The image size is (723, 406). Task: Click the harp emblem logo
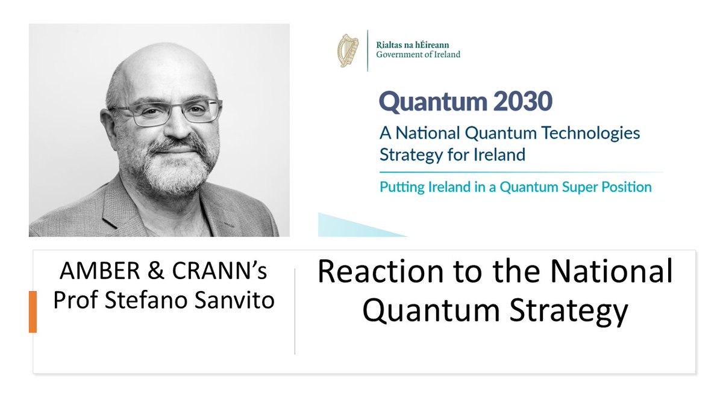(x=349, y=50)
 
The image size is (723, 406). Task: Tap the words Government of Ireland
(x=418, y=55)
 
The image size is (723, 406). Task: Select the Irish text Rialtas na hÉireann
(x=413, y=45)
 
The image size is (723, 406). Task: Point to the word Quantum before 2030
(x=424, y=102)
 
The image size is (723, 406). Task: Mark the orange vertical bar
(x=33, y=311)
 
